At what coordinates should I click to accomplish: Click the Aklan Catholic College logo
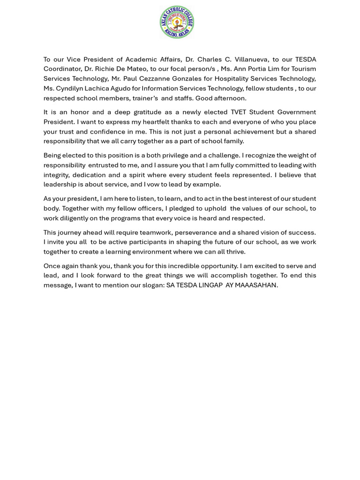(x=177, y=22)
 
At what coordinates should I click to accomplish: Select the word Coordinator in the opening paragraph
(x=62, y=69)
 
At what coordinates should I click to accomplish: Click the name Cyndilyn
(x=71, y=88)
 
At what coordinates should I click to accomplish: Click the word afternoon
(x=230, y=98)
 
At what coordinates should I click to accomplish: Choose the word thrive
(x=235, y=252)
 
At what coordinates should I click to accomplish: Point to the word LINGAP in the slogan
(x=208, y=285)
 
